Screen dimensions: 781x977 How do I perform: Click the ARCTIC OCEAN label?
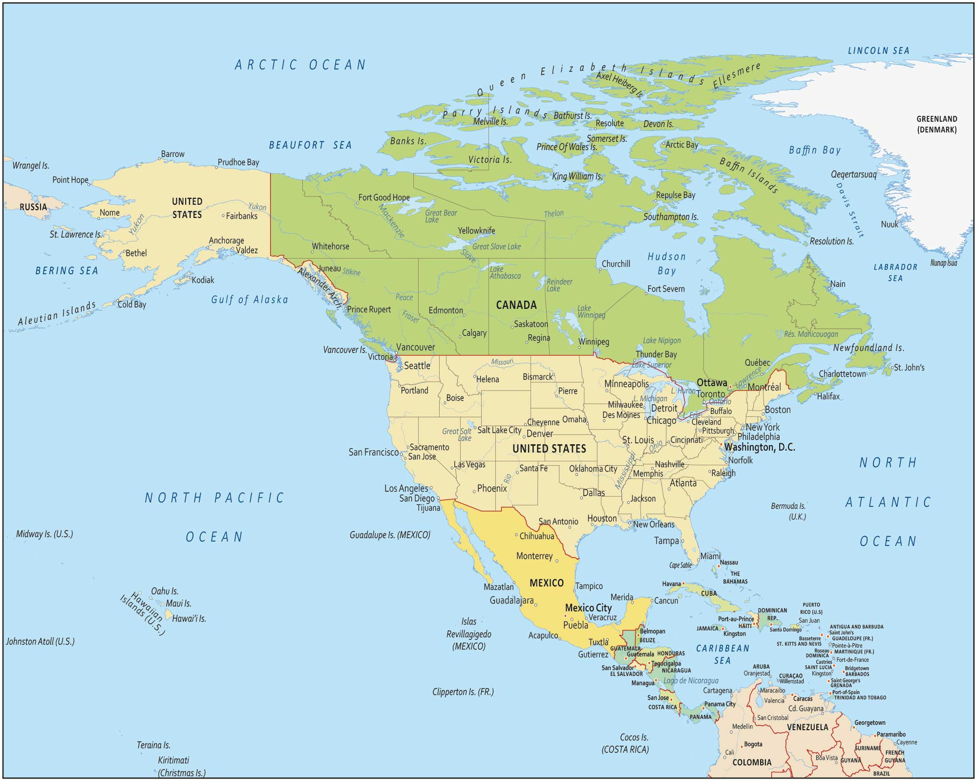(x=300, y=65)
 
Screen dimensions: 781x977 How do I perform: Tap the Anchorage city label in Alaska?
(x=226, y=240)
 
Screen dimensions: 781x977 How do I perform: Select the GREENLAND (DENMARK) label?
(x=936, y=124)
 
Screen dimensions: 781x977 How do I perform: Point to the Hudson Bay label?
(x=666, y=263)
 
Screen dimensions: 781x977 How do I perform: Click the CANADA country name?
(x=516, y=305)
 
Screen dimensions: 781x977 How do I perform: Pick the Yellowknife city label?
(x=476, y=231)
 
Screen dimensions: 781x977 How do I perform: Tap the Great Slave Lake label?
(x=496, y=246)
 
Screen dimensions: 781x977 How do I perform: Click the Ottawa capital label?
(x=712, y=383)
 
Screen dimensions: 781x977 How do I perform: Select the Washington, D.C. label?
(x=759, y=447)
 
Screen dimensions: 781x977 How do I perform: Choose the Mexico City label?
(x=588, y=607)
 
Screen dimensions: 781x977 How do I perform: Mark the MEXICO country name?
(x=547, y=583)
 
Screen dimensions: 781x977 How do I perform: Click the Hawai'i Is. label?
(x=189, y=618)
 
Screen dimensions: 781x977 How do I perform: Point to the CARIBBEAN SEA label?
(x=722, y=654)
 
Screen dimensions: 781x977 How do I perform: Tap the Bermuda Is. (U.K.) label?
(x=788, y=511)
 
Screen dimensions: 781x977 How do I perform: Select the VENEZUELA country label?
(x=807, y=727)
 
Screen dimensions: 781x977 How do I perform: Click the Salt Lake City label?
(x=499, y=430)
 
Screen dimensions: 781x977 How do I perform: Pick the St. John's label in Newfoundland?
(x=909, y=368)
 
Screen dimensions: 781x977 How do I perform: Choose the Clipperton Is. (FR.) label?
(x=463, y=692)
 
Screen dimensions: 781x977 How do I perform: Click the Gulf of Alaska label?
(x=250, y=300)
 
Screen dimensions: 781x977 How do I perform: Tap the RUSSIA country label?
(x=33, y=207)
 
